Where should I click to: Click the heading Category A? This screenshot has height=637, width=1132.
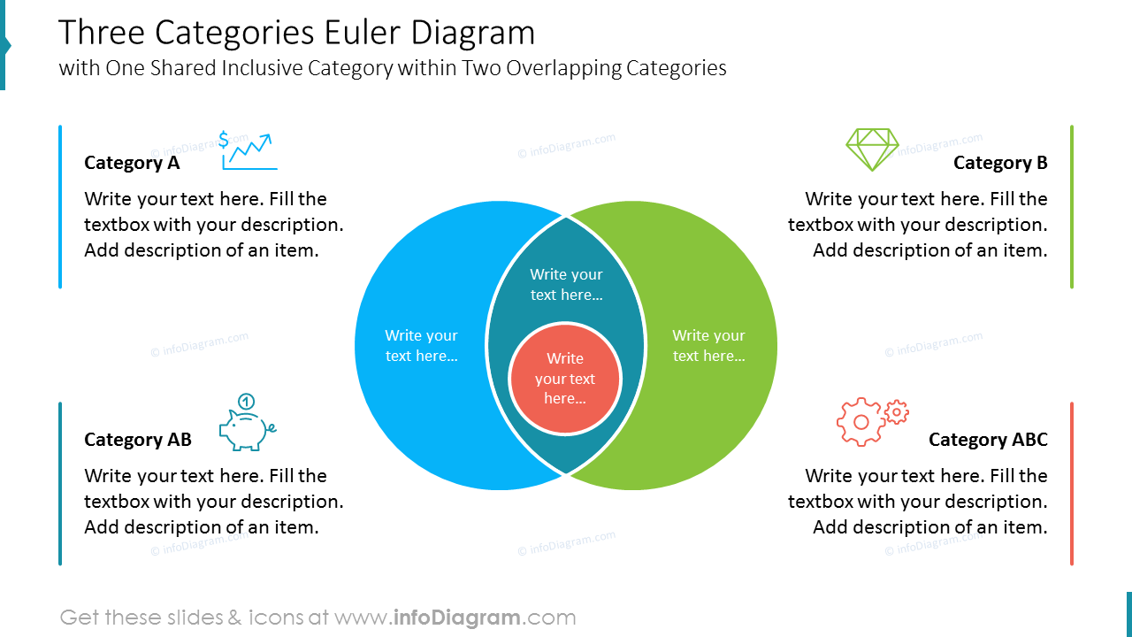point(132,163)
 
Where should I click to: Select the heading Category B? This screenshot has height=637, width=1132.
point(1000,163)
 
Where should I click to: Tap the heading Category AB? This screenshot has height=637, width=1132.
point(138,440)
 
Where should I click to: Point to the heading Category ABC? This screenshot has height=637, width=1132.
point(988,440)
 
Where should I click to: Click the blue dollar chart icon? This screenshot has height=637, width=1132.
point(249,150)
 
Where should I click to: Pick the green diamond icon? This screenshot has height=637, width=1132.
point(872,150)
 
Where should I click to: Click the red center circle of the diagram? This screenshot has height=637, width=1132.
point(565,379)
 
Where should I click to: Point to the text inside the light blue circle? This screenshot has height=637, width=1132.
point(422,346)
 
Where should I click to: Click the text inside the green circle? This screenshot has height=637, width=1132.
point(708,346)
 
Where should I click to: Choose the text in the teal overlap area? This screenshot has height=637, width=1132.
point(566,285)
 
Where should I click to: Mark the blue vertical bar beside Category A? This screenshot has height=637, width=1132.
point(60,207)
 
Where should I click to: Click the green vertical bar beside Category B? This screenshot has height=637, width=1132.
point(1072,207)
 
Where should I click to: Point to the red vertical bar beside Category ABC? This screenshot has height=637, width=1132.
point(1072,484)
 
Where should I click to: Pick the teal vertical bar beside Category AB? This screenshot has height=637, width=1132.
point(60,484)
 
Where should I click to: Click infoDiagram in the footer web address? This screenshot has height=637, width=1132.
point(456,618)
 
